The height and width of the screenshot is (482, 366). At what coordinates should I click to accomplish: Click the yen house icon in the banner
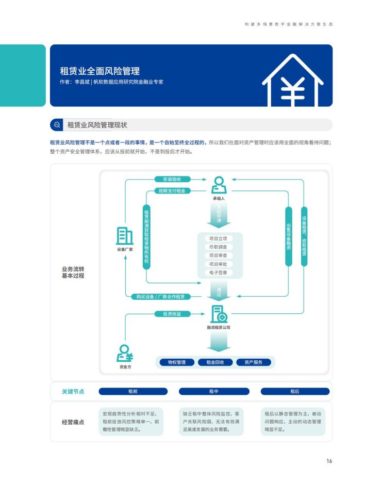(x=292, y=81)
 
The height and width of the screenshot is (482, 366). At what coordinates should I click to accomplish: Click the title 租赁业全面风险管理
(x=100, y=71)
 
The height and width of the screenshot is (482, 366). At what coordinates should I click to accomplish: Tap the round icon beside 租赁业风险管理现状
(x=57, y=125)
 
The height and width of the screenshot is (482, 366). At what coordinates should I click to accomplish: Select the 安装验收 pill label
(x=172, y=179)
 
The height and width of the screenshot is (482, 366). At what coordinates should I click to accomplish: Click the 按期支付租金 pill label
(x=172, y=191)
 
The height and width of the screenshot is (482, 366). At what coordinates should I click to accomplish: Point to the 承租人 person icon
(x=219, y=185)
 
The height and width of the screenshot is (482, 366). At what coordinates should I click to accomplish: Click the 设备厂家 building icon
(x=125, y=236)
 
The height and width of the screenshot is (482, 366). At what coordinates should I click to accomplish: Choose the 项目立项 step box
(x=218, y=238)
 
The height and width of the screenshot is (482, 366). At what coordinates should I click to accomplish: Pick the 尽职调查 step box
(x=218, y=247)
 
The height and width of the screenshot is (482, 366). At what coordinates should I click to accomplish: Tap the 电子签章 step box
(x=218, y=272)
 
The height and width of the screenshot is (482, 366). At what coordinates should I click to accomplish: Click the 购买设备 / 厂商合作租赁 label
(x=161, y=297)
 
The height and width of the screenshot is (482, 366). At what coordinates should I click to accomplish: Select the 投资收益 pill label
(x=172, y=314)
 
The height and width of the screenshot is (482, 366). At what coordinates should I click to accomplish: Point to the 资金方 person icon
(x=125, y=353)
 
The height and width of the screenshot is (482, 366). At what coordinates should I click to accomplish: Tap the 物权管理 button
(x=177, y=362)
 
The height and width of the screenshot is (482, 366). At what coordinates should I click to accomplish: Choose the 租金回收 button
(x=215, y=362)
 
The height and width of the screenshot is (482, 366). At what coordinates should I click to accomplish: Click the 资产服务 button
(x=254, y=362)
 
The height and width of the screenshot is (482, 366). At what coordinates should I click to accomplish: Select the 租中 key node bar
(x=214, y=391)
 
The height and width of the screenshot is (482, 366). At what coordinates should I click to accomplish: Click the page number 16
(x=329, y=461)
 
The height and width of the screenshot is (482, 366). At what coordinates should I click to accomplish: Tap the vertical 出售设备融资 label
(x=289, y=236)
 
